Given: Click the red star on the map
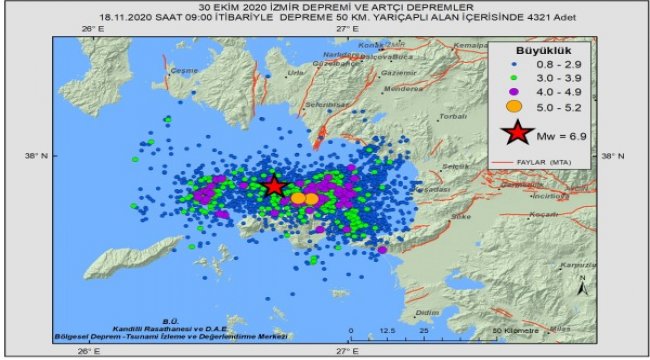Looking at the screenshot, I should click(274, 185).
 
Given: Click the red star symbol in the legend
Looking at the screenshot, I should click(517, 134).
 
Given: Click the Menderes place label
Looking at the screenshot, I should click(383, 88).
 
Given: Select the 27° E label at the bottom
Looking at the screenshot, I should click(346, 351).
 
